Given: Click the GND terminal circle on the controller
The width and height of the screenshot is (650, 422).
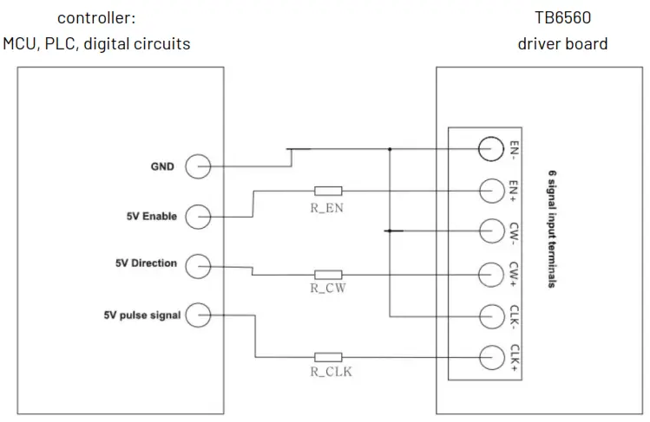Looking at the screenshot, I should coord(199,166).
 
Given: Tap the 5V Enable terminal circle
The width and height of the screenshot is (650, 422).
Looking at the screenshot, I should coord(199,216).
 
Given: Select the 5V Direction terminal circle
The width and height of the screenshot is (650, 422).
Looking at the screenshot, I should coord(199,265).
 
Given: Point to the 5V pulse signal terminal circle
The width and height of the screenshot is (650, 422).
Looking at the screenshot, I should coord(199,315).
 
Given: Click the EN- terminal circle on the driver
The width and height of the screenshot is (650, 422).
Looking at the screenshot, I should coord(491,149).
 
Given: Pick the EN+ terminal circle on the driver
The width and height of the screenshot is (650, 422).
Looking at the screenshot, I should coord(491,190).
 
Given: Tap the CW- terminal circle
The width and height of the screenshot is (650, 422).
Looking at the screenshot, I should coord(491,230).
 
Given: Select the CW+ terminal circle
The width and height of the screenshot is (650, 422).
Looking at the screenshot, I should coord(491,272).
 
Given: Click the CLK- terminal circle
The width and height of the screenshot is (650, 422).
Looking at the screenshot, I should coord(491,314).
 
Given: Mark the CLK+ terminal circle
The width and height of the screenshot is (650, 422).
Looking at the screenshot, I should coord(491,355).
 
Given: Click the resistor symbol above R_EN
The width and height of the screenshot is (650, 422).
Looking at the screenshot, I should coord(328,191).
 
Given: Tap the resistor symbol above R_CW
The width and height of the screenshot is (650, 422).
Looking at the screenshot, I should coord(328,273).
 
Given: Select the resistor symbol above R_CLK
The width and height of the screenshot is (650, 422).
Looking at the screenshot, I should coord(328,356).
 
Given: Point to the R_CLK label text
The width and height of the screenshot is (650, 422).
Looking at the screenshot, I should coord(328,373).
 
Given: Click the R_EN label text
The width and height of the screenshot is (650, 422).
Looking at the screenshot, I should coord(328,207).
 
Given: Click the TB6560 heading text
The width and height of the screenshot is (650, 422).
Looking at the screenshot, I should coord(562,17).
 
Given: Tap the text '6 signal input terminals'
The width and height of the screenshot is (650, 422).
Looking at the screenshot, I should coord(551,230).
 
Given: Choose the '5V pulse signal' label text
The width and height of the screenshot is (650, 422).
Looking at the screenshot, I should coord(141,315).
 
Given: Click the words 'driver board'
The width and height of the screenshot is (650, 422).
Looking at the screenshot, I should coord(562,42).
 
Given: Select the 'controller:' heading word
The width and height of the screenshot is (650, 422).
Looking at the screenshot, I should coord(96,17).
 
